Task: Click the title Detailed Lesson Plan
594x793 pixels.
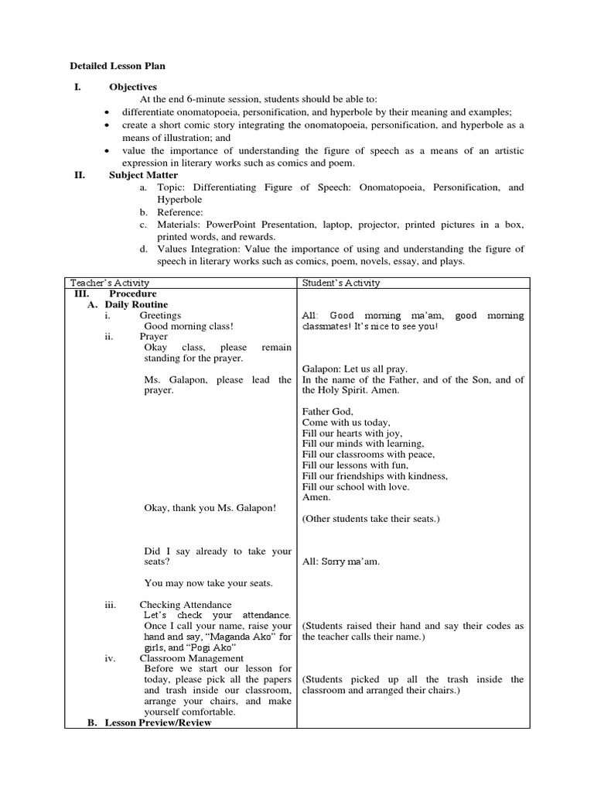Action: point(118,67)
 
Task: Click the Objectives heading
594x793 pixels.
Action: point(132,88)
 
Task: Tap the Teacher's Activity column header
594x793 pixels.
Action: point(110,283)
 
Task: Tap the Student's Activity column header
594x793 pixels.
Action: point(341,283)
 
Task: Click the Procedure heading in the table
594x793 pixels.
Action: point(132,294)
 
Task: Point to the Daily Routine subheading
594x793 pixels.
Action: point(136,305)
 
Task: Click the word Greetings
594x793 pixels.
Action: point(160,316)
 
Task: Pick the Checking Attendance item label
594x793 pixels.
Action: point(185,605)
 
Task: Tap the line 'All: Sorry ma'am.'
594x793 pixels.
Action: point(340,561)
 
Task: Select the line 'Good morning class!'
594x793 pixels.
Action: point(189,327)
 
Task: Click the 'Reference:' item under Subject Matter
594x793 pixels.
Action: point(180,212)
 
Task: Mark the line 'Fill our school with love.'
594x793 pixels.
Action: point(356,487)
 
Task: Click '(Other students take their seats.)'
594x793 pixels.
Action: point(370,519)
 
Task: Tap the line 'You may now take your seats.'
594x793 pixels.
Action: point(208,583)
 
